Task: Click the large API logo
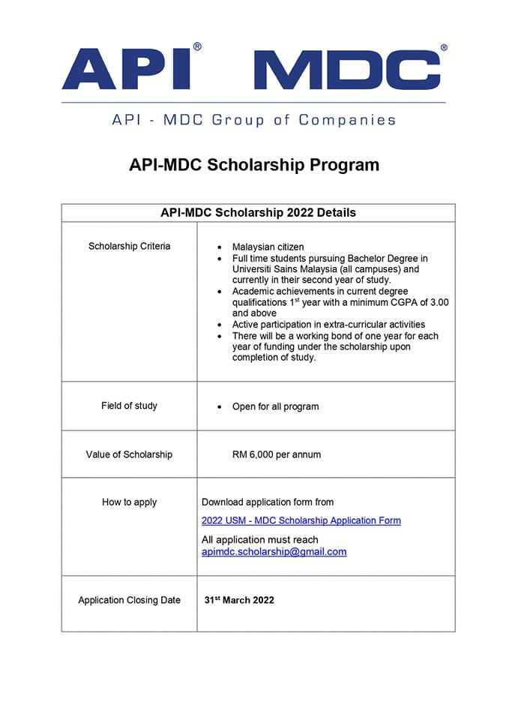tap(125, 70)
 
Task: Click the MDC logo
tap(347, 70)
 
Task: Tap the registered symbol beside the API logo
tap(197, 46)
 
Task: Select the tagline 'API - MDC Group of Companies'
tap(253, 120)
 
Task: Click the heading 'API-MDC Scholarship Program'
tap(254, 165)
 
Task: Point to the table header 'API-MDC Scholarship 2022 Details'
tap(258, 212)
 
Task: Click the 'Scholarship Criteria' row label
tap(129, 246)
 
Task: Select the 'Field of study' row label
tap(129, 406)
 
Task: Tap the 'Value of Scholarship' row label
tap(129, 454)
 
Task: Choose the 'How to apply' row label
tap(129, 502)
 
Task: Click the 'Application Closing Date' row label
tap(129, 600)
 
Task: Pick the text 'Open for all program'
tap(275, 406)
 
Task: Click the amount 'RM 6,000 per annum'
tap(277, 454)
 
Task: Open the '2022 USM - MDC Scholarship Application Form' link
tap(301, 520)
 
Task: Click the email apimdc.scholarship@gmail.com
tap(274, 551)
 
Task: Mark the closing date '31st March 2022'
tap(239, 600)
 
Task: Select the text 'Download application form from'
tap(268, 502)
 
